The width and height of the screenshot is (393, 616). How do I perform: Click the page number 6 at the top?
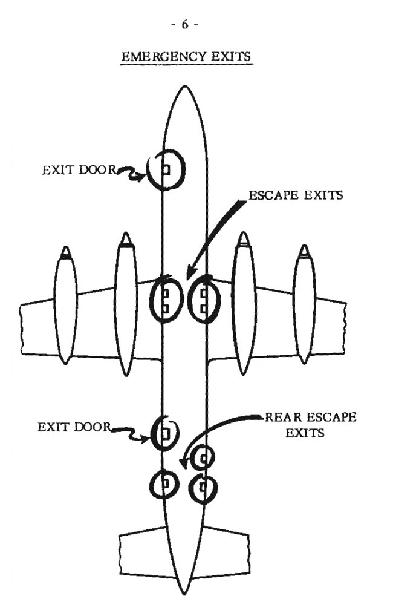(184, 25)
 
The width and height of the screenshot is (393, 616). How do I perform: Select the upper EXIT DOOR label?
(79, 170)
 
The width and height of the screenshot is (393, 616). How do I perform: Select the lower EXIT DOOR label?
(74, 427)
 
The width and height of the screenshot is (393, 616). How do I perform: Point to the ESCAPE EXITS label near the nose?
(296, 195)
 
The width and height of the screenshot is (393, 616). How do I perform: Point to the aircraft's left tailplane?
(145, 553)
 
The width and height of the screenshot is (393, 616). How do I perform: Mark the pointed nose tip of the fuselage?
(184, 86)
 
